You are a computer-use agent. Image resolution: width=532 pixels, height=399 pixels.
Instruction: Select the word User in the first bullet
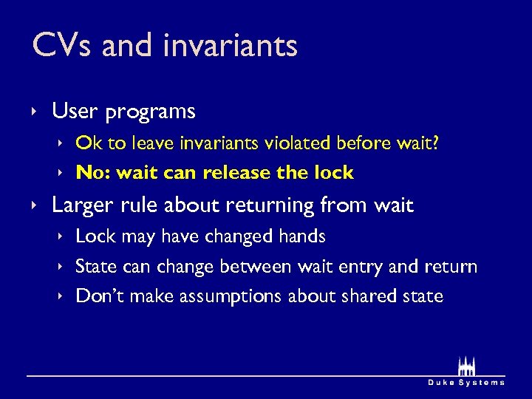75,112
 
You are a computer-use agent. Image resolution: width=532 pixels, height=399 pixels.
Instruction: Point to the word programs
150,112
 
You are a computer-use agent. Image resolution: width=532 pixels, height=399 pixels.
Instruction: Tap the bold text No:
92,173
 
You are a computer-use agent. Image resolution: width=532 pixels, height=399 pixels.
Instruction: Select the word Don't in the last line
98,296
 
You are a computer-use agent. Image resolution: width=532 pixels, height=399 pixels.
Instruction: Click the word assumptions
219,297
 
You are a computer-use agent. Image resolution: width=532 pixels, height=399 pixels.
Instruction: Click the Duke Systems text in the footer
466,382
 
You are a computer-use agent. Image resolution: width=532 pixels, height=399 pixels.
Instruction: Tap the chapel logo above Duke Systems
466,365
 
